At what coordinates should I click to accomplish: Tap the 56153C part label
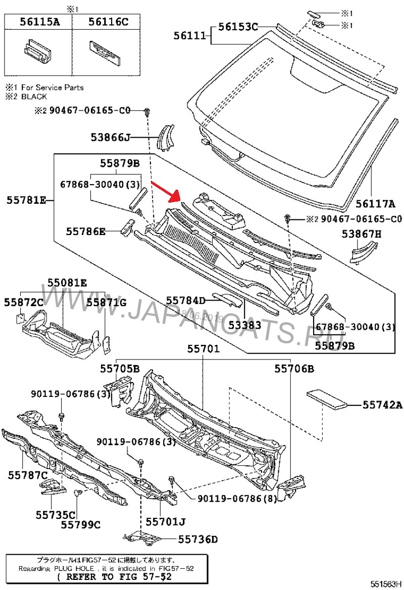tap(238, 27)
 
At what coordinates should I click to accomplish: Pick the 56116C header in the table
tap(108, 21)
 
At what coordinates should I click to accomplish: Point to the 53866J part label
tap(111, 137)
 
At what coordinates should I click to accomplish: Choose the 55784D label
tap(186, 301)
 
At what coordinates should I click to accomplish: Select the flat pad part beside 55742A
tap(328, 397)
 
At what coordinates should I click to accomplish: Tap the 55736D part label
tap(197, 540)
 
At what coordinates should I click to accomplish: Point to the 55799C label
tap(81, 525)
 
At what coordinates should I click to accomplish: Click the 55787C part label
tap(27, 475)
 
